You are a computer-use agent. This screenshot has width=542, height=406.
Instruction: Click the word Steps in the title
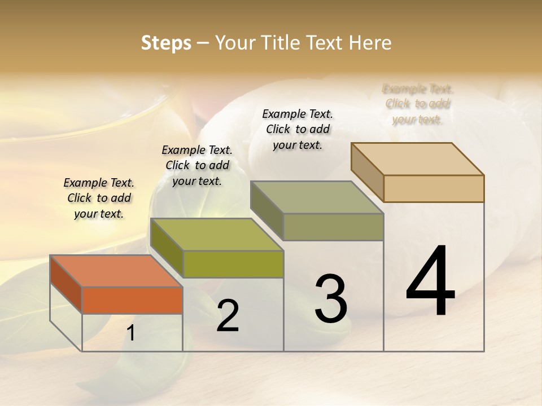click(166, 43)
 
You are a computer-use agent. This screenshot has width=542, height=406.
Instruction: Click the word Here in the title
click(370, 43)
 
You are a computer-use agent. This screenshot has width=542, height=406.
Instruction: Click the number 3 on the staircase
click(331, 298)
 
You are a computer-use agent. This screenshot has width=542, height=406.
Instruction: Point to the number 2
click(228, 316)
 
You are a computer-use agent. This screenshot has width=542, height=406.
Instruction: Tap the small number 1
click(131, 333)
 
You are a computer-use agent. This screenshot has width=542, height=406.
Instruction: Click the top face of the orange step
click(116, 271)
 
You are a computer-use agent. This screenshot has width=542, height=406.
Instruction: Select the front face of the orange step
click(132, 300)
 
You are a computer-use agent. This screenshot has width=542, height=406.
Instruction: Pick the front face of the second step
click(233, 264)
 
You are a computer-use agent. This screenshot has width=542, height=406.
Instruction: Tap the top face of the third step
click(317, 197)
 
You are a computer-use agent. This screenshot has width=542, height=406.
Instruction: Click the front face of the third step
click(333, 227)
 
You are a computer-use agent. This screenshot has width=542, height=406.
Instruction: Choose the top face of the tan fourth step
click(417, 159)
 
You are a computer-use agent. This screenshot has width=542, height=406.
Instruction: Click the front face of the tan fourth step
click(434, 188)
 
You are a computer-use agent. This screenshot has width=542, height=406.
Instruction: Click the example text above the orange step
click(99, 198)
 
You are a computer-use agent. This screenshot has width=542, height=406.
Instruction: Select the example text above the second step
click(197, 165)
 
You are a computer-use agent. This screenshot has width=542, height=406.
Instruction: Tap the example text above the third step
click(298, 129)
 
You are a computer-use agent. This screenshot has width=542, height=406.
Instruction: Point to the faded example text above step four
click(418, 104)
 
